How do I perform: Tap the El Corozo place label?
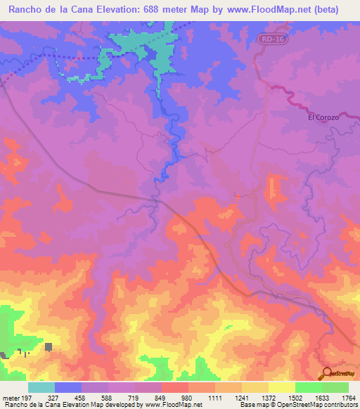323,117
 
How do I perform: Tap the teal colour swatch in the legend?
41,387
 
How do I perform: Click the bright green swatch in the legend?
308,387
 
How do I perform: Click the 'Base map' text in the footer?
251,405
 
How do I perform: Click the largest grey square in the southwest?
49,346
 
